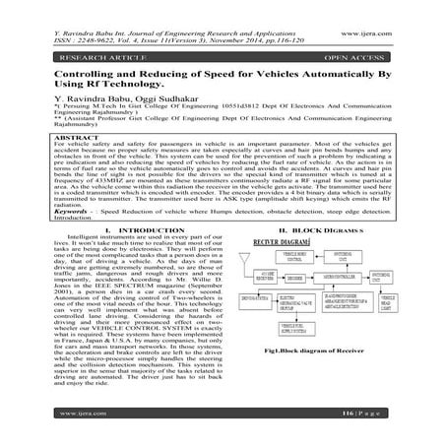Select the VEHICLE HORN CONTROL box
(292, 259)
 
